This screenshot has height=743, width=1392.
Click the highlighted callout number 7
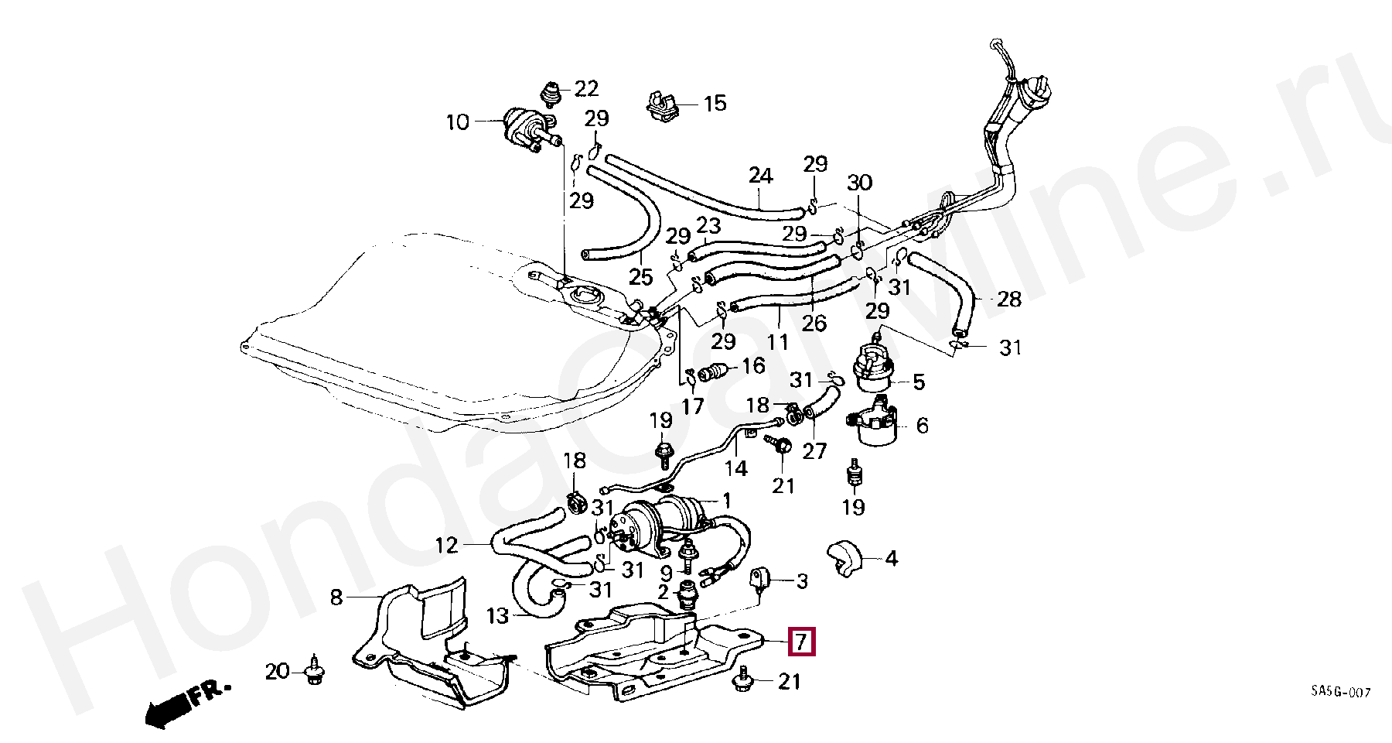[x=800, y=642]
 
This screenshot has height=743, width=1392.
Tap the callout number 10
[x=458, y=122]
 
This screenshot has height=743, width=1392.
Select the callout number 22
[x=587, y=89]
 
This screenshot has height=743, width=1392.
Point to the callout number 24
[x=760, y=176]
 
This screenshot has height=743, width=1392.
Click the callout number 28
[x=1009, y=299]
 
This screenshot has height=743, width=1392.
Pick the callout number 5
[x=919, y=382]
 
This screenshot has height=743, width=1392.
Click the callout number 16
[x=753, y=365]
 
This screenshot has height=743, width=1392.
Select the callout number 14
[x=736, y=467]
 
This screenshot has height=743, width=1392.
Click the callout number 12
[x=447, y=546]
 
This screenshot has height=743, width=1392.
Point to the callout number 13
[x=498, y=616]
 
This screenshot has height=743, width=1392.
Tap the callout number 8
[x=336, y=597]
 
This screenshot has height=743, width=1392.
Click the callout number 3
[x=802, y=580]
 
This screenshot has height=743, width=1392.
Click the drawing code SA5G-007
[x=1340, y=692]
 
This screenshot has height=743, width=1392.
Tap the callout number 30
[x=859, y=183]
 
